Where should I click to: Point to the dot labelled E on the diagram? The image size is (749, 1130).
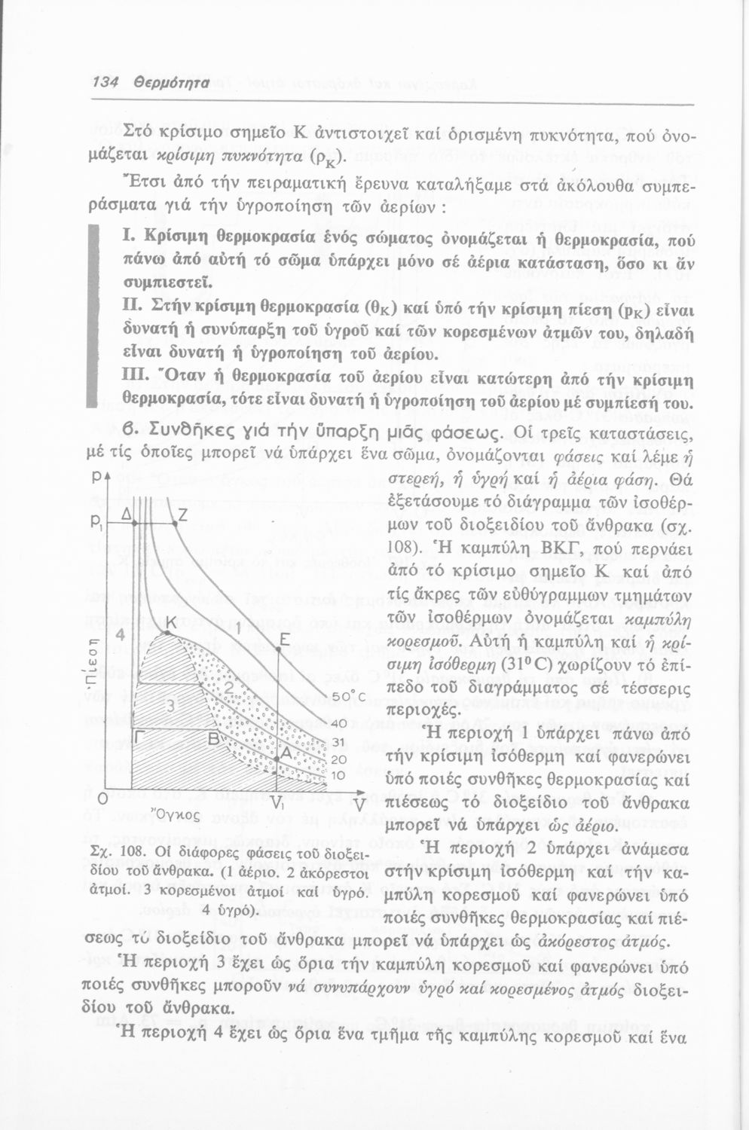(x=280, y=649)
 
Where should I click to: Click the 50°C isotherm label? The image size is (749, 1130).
(x=348, y=697)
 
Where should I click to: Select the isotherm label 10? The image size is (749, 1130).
(x=338, y=774)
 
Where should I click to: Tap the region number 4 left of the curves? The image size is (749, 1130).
(x=119, y=634)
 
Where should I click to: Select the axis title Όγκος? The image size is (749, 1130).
(x=175, y=814)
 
